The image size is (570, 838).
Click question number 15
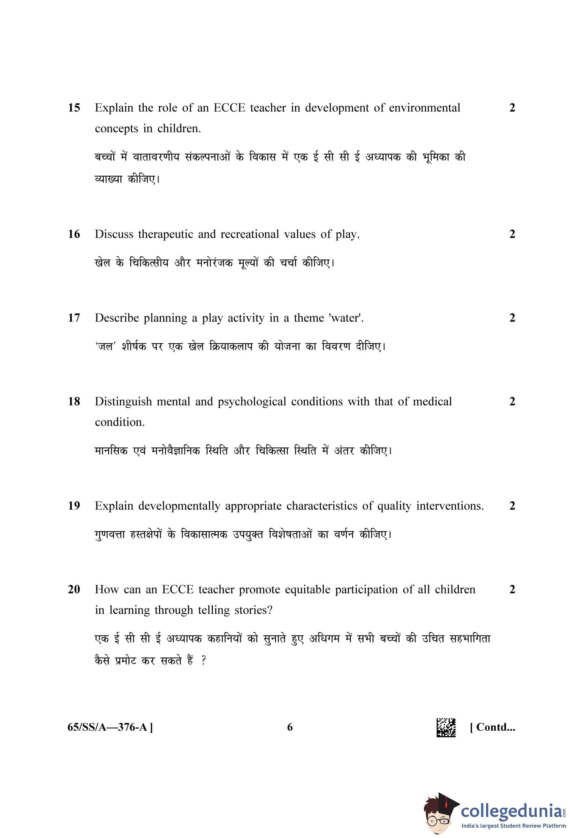(x=74, y=108)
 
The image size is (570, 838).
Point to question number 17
(x=74, y=318)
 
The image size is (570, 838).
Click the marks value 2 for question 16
(x=512, y=234)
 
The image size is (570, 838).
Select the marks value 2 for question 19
(x=512, y=506)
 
